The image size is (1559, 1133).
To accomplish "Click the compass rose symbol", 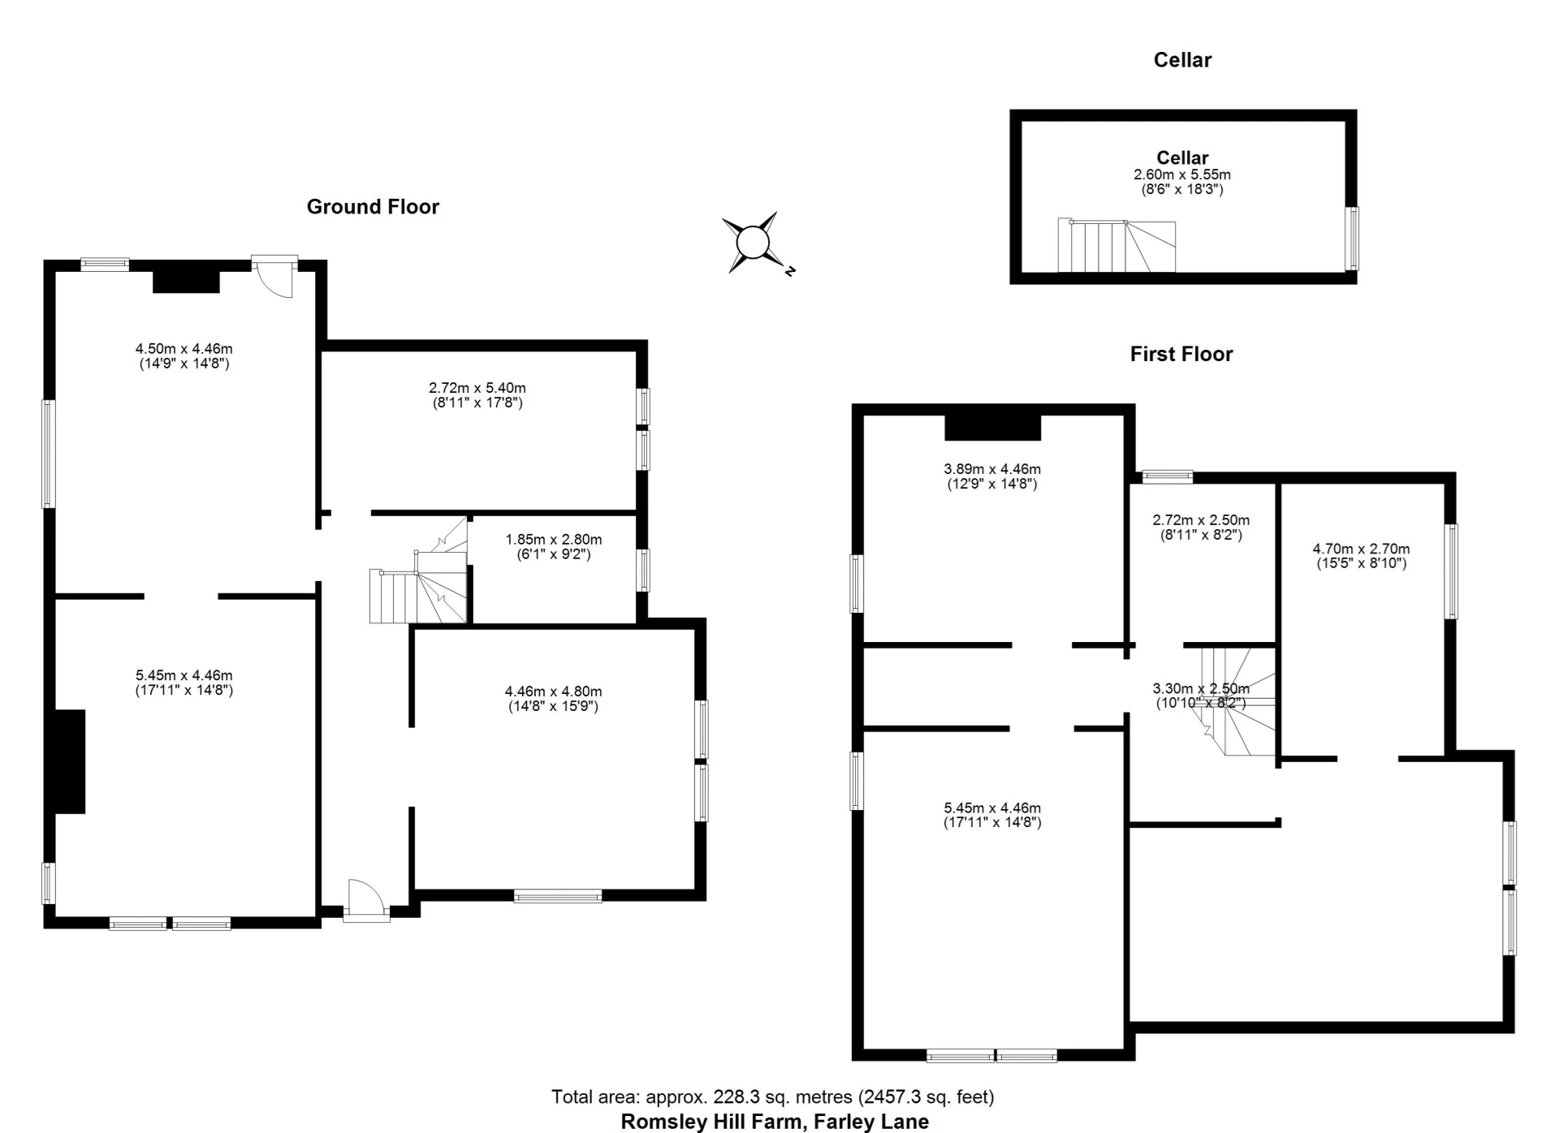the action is pyautogui.click(x=753, y=243).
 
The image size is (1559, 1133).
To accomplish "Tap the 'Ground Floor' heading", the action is pyautogui.click(x=373, y=207).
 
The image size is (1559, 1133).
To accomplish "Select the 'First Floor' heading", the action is pyautogui.click(x=1181, y=354).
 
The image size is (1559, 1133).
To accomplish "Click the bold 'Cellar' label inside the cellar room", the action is pyautogui.click(x=1182, y=157).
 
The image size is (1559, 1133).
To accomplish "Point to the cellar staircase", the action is pyautogui.click(x=1116, y=246).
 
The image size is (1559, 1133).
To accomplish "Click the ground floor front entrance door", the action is pyautogui.click(x=366, y=901).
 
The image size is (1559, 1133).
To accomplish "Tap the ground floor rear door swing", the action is pyautogui.click(x=274, y=277).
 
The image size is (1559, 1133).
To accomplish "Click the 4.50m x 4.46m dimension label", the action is pyautogui.click(x=184, y=356).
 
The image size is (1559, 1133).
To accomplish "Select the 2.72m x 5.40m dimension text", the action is pyautogui.click(x=477, y=395).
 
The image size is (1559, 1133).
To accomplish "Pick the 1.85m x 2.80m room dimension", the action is pyautogui.click(x=554, y=547).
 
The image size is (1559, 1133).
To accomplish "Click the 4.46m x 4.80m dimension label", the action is pyautogui.click(x=554, y=699).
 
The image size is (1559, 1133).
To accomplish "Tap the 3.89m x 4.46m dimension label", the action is pyautogui.click(x=992, y=476).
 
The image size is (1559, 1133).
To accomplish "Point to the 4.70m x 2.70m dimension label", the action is pyautogui.click(x=1362, y=556).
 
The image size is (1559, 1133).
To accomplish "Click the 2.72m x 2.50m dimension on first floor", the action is pyautogui.click(x=1201, y=528).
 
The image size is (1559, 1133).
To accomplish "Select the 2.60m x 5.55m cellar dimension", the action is pyautogui.click(x=1182, y=182).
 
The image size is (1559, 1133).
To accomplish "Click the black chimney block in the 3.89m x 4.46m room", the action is pyautogui.click(x=992, y=427).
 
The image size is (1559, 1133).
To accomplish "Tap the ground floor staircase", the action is pyautogui.click(x=419, y=571).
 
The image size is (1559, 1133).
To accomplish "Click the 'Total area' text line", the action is pyautogui.click(x=773, y=1097).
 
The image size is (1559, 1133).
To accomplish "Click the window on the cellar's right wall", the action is pyautogui.click(x=1352, y=239).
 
